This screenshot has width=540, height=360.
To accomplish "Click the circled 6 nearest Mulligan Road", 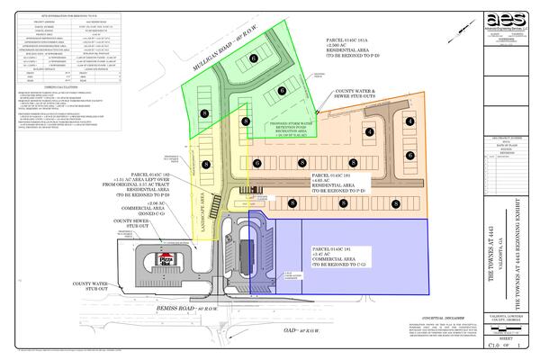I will pyautogui.click(x=255, y=58).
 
